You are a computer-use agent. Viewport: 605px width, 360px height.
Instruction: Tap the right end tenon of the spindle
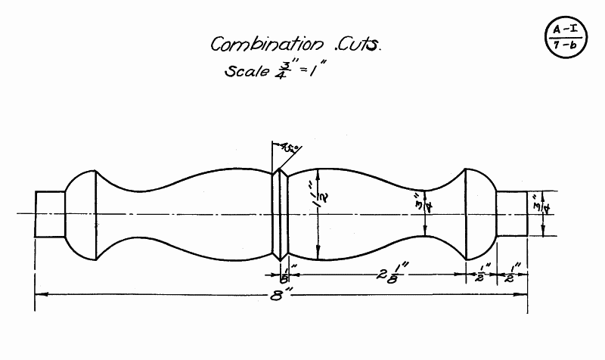[512, 213]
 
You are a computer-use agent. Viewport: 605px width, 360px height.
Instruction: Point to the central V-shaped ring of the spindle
[281, 213]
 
